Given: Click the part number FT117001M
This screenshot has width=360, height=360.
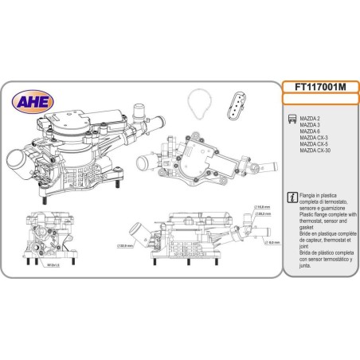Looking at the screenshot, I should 319,88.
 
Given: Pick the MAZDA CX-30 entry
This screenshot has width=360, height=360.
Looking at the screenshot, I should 316,151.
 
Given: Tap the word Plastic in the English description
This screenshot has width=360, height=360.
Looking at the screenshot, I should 307,214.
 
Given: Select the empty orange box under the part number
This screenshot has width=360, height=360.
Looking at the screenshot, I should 319,100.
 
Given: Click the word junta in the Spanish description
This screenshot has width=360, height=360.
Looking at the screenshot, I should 306,271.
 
